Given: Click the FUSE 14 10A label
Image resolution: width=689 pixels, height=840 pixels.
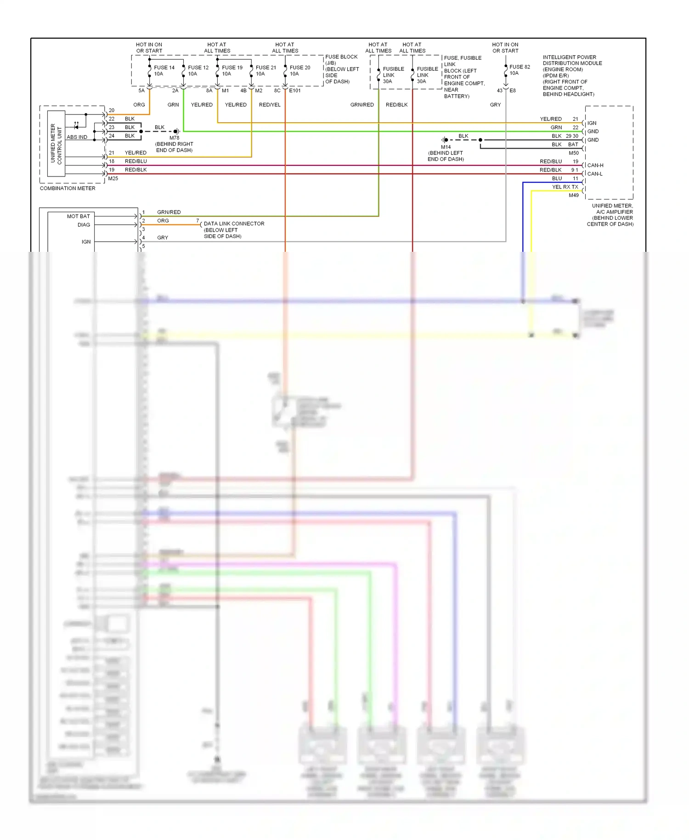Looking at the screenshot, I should [x=164, y=71].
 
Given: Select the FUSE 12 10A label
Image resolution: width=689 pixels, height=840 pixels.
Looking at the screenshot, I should [x=198, y=71].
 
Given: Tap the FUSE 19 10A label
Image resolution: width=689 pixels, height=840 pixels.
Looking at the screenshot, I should [x=232, y=71].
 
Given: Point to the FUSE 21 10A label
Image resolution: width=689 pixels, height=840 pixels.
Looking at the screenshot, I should [x=265, y=71].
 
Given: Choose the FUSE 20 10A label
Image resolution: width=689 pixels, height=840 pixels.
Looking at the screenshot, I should [x=299, y=71].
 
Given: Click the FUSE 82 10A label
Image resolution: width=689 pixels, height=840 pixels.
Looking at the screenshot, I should [x=520, y=70].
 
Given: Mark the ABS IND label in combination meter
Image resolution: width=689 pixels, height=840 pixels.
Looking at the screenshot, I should [x=77, y=137].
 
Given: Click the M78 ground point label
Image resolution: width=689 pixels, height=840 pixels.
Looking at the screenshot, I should [x=174, y=138].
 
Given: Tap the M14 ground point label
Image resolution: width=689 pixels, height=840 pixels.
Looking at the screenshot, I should [x=446, y=147].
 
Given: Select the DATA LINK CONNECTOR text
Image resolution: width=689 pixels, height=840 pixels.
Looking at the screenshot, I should [x=234, y=224].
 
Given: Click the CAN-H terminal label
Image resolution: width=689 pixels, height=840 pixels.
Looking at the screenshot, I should [x=595, y=165].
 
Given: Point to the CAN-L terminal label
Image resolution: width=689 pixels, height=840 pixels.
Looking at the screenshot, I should [x=595, y=174].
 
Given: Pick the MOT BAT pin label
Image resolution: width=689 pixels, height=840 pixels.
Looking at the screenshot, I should [x=79, y=216].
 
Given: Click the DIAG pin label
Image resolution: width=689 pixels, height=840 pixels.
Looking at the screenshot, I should [x=84, y=225].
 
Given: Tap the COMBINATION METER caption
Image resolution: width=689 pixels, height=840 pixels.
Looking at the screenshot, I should [x=68, y=188].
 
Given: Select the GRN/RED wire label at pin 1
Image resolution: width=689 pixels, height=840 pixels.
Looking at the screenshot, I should [x=169, y=212].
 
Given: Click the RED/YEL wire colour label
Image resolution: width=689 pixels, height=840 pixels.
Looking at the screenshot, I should [x=270, y=105].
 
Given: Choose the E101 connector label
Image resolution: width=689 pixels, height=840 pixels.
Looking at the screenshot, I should [x=295, y=91].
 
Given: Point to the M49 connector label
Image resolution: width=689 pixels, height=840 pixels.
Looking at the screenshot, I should [x=574, y=195].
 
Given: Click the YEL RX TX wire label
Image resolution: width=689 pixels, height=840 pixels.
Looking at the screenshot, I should [x=565, y=187].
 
